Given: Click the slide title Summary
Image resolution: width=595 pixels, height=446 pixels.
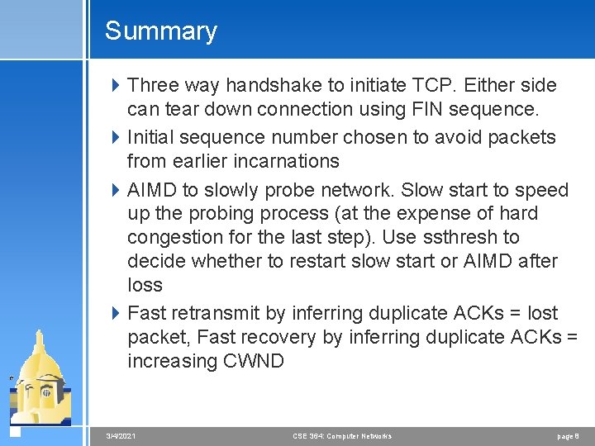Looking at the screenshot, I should [160, 31].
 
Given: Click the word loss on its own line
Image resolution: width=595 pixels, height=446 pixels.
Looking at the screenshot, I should [145, 285].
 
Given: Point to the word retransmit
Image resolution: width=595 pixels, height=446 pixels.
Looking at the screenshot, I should [218, 313].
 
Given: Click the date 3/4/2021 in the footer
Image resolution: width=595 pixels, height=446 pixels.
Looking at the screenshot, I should [121, 435].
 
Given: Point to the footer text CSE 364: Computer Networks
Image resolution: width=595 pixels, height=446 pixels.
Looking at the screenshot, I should [342, 435].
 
